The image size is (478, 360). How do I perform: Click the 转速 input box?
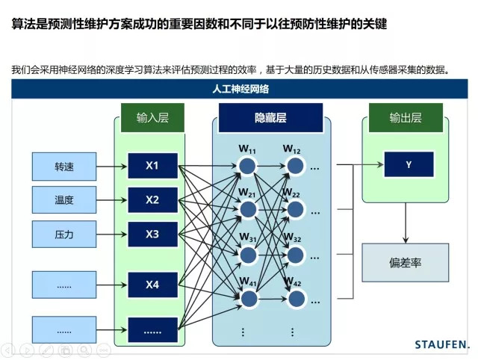(x=64, y=166)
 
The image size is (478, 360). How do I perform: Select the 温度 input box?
(x=64, y=200)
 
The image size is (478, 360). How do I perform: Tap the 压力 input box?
(x=64, y=234)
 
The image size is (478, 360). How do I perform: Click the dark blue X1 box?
(x=152, y=165)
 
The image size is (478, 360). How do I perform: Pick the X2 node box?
(x=152, y=199)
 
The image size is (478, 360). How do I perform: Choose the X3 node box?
(x=152, y=234)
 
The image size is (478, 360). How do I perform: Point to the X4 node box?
(x=152, y=284)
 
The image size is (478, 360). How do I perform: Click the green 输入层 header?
(x=153, y=118)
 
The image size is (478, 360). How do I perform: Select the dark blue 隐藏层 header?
(x=270, y=118)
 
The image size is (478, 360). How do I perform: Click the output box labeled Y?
(x=409, y=165)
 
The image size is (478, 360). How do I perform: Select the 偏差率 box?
(x=406, y=264)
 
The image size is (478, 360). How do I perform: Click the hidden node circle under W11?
(x=248, y=165)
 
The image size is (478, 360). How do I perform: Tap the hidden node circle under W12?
(x=297, y=165)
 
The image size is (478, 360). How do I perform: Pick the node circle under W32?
(x=297, y=255)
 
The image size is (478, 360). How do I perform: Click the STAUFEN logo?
(x=441, y=344)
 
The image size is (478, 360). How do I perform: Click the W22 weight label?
(x=291, y=194)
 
